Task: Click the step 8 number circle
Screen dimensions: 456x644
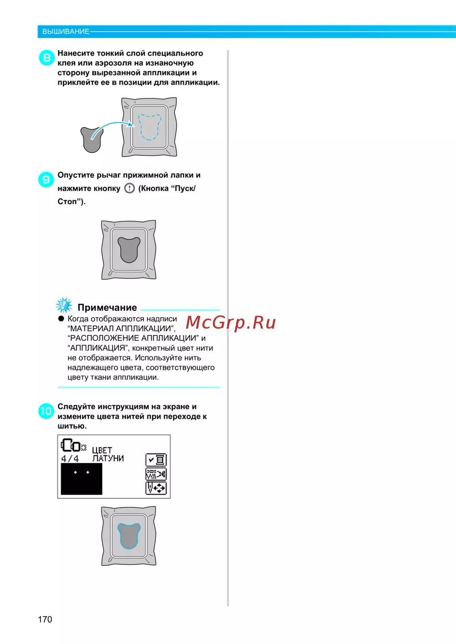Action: tap(47, 58)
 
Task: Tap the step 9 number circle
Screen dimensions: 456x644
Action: tap(46, 180)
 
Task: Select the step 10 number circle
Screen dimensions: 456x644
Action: tap(46, 411)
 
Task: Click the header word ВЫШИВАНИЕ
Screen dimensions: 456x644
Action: tap(66, 31)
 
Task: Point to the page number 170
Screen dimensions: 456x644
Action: tap(45, 619)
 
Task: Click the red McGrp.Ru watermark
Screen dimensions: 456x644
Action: tap(231, 323)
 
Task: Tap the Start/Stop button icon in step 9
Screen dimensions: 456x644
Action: tap(130, 188)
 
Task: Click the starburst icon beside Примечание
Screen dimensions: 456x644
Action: tap(64, 305)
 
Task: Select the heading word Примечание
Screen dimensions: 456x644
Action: tap(107, 308)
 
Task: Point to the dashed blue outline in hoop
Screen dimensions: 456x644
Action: tap(149, 127)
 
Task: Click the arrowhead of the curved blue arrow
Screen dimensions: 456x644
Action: tap(131, 124)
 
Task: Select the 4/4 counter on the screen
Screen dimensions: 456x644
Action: tap(70, 459)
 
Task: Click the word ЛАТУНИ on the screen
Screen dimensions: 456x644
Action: tap(108, 459)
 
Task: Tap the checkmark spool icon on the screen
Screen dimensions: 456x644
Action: tap(156, 460)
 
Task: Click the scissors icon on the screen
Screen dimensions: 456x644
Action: tap(156, 474)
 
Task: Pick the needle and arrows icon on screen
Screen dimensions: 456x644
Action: tap(156, 488)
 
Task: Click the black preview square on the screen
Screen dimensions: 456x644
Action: tap(82, 479)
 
